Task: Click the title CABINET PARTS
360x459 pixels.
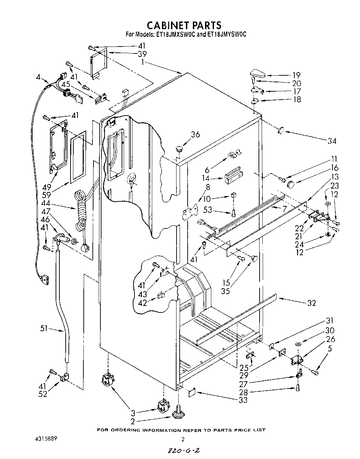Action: [x=184, y=25]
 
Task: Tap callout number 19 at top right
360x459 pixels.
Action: [x=296, y=75]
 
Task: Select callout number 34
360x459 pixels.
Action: [x=332, y=141]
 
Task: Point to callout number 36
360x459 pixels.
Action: [x=195, y=134]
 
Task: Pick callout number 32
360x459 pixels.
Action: [x=311, y=303]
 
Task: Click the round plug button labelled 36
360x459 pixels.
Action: [x=180, y=149]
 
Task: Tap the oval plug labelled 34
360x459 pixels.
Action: [x=281, y=130]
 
